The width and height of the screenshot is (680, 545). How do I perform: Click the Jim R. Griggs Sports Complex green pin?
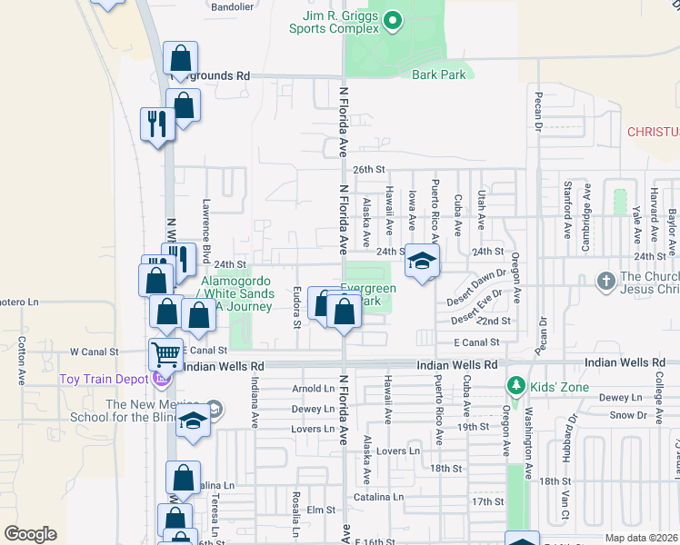pos(392,19)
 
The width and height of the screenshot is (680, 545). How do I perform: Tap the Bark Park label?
pos(438,74)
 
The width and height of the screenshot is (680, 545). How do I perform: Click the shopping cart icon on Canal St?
pos(166,352)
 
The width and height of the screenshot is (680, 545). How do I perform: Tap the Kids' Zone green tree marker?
pos(516,386)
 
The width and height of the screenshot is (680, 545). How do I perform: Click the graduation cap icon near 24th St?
pos(422,262)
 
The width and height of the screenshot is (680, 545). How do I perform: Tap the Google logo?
pos(30,534)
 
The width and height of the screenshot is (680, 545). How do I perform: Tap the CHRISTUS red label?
pos(653,133)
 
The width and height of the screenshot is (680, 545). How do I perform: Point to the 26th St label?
pos(370,170)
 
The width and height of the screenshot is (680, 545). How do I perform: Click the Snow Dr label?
pos(628,415)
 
